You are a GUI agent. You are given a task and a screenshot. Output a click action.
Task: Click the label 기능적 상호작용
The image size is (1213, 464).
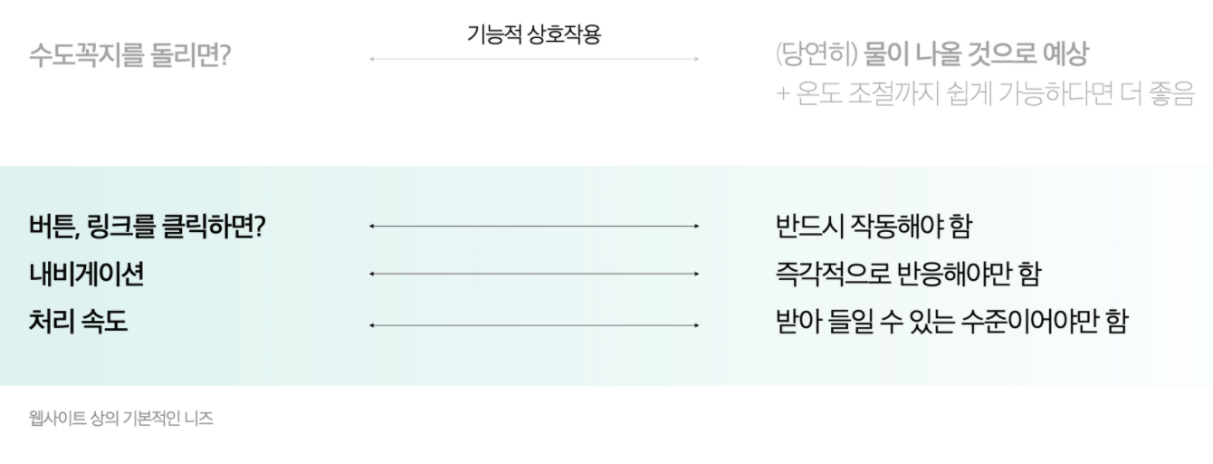[x=533, y=34]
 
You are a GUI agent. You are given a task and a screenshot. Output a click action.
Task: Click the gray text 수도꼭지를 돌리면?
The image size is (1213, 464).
[x=130, y=56]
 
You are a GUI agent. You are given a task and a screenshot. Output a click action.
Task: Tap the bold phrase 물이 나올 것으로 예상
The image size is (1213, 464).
[x=976, y=55]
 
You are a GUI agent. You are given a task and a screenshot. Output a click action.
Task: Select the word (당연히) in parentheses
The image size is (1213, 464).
[x=817, y=55]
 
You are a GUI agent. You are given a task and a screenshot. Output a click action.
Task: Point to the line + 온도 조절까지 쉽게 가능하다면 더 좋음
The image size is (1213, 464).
[x=985, y=93]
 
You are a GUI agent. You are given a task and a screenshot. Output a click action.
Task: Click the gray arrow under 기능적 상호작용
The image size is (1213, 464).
[x=533, y=60]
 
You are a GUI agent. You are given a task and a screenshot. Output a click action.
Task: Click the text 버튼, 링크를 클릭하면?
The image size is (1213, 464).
[x=146, y=226]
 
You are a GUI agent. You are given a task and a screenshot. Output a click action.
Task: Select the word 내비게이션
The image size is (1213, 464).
[x=86, y=274]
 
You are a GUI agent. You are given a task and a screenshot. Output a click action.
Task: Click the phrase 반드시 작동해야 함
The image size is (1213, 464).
[x=874, y=226]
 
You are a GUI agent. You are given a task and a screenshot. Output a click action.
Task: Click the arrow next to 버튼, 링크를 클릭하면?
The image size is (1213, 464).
[x=533, y=226]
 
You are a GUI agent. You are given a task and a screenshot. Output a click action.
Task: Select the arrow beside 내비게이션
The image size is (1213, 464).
[x=533, y=273]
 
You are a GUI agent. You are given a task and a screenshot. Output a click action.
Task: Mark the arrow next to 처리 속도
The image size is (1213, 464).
[x=533, y=324]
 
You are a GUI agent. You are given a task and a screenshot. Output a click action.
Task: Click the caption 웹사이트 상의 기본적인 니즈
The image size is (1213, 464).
[x=120, y=419]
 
